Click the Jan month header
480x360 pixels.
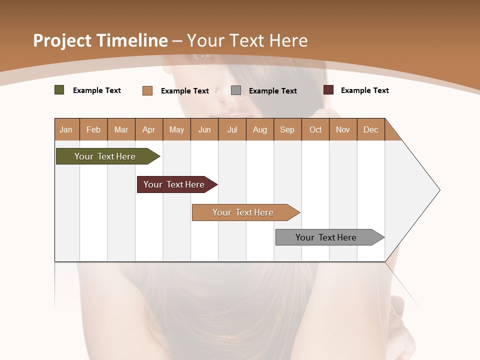pos(66,129)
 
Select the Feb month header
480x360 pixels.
pos(93,129)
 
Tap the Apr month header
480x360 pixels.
pos(149,129)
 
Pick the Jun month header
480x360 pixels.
pos(204,129)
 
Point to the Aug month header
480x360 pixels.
pos(260,129)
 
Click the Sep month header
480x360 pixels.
pos(287,129)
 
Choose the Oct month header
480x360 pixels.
pos(315,129)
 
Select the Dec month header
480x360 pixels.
pos(371,129)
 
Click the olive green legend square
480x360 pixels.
pos(59,90)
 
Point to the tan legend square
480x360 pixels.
pos(147,90)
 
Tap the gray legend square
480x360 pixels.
pos(236,90)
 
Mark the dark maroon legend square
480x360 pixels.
pos(328,90)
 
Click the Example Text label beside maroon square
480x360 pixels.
pos(365,90)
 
